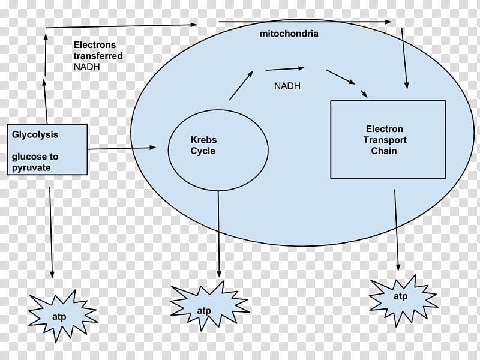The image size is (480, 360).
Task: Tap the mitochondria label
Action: [289, 34]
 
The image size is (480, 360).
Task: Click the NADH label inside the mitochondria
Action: [287, 86]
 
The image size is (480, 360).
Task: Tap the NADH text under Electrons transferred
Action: [87, 67]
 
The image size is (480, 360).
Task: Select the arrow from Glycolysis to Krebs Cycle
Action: [122, 147]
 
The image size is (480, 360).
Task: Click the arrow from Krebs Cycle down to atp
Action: [218, 234]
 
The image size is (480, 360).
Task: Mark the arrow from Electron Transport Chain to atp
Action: [397, 228]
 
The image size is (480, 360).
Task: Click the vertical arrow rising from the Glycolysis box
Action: [46, 78]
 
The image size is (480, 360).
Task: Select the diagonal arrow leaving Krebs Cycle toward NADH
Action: [241, 85]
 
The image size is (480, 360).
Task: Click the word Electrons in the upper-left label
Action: [95, 45]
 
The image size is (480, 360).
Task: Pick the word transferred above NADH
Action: [98, 56]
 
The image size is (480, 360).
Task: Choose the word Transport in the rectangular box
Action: [385, 140]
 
